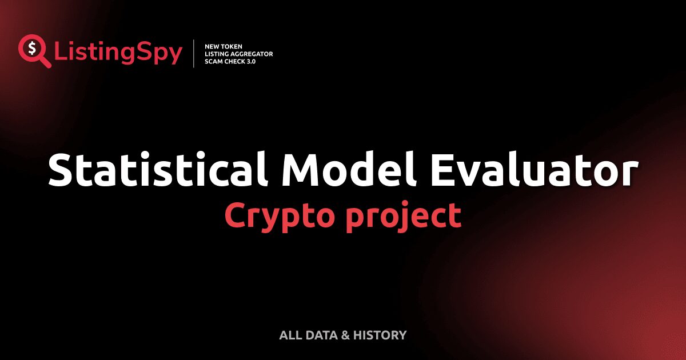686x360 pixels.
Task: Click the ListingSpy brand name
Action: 118,53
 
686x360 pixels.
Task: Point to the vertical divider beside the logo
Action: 194,54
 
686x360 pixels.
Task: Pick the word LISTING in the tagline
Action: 217,54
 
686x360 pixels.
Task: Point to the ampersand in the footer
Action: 345,335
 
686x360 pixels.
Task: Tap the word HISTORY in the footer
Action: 380,335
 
